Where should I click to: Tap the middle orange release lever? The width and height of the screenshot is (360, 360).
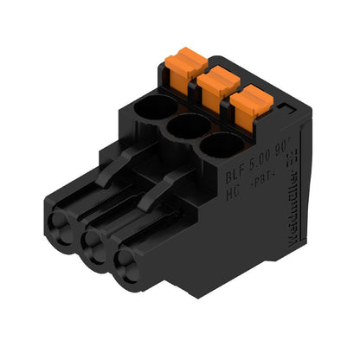click(x=215, y=85)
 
